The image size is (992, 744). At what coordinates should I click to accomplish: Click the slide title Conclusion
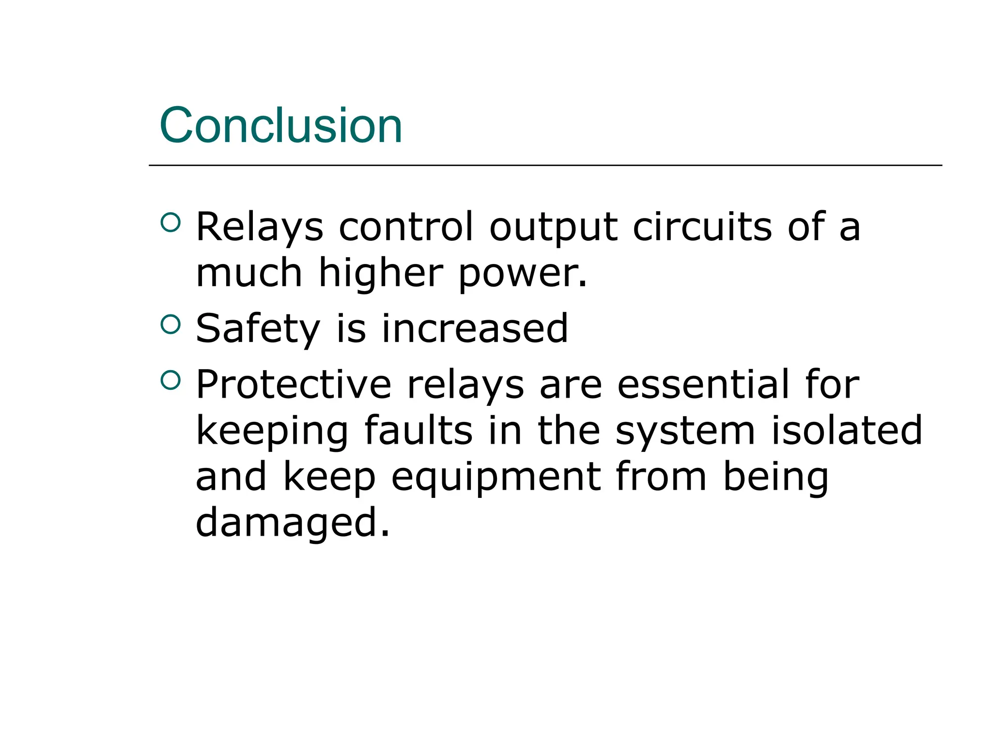[281, 125]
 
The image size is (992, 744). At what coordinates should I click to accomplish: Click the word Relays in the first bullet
[259, 227]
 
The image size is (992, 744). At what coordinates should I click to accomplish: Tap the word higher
[381, 273]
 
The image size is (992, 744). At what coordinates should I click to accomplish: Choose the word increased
[475, 329]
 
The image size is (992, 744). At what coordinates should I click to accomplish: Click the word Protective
[294, 385]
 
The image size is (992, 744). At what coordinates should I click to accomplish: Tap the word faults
[418, 431]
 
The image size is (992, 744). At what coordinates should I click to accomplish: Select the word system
[685, 432]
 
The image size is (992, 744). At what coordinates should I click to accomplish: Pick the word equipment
[496, 478]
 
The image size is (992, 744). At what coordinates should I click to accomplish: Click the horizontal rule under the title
[545, 166]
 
